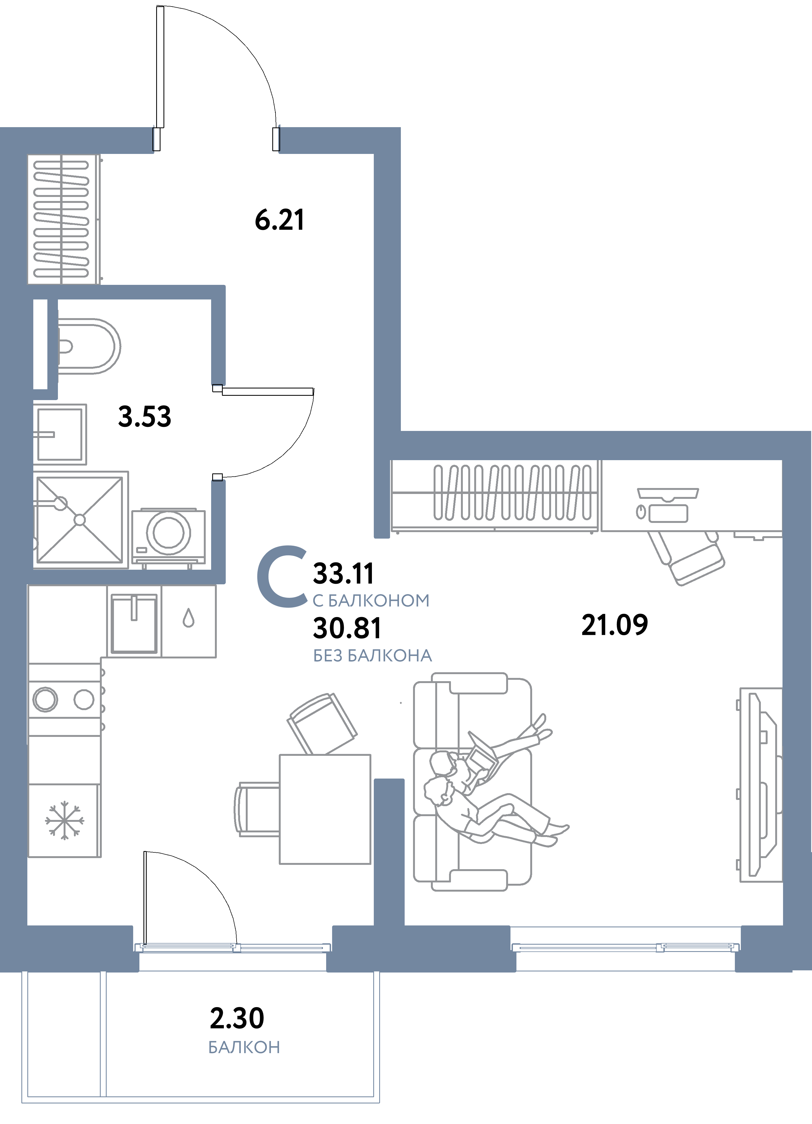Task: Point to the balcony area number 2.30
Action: point(237,1018)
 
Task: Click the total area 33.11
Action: point(343,573)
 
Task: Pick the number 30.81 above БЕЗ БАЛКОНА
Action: point(347,628)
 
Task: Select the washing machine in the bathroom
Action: point(169,534)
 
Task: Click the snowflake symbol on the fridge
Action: point(64,820)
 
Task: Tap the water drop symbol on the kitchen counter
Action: point(188,618)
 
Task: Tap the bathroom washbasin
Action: point(60,434)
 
